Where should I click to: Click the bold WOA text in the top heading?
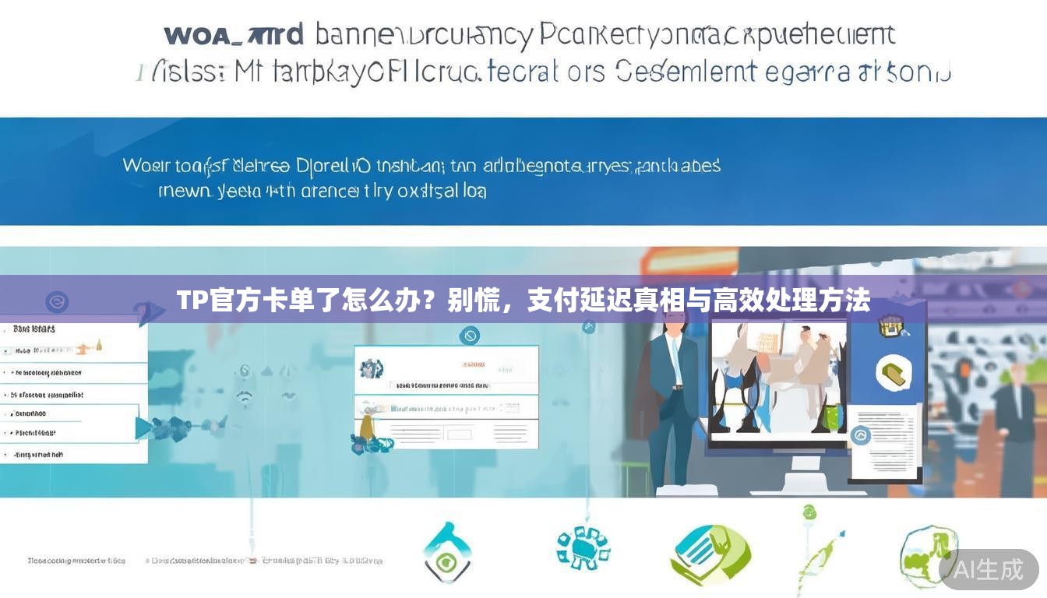tap(200, 36)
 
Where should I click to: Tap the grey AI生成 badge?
tap(989, 569)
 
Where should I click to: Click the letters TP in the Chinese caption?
tap(189, 300)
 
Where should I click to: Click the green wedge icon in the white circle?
tap(894, 373)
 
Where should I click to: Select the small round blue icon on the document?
tap(860, 435)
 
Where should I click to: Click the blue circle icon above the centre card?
tap(469, 336)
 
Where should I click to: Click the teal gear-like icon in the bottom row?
tap(583, 547)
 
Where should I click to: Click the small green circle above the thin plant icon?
tap(809, 512)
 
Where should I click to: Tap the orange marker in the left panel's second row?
tap(98, 346)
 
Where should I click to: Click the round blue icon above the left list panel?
tap(57, 302)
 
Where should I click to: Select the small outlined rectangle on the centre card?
tap(460, 433)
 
